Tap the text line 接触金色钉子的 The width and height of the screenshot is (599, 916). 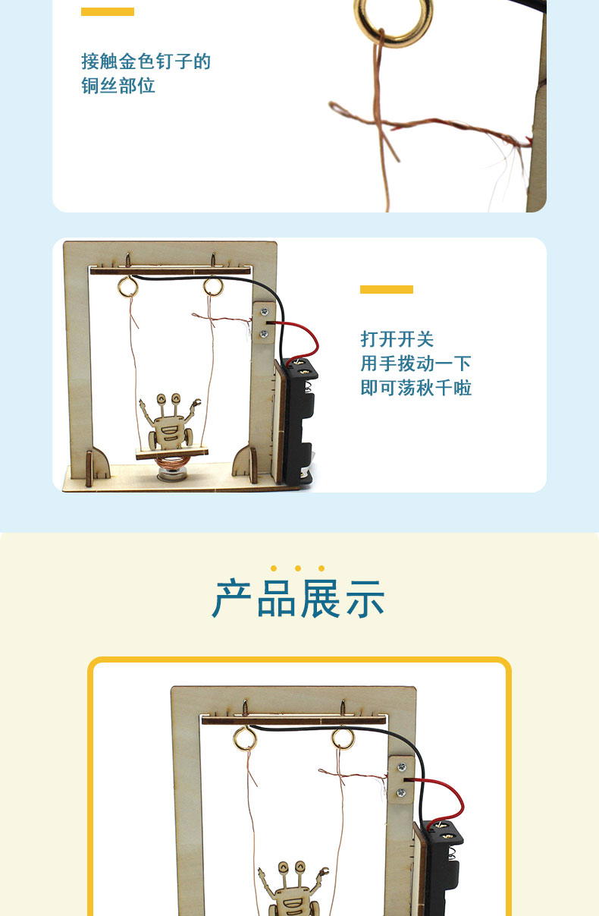[146, 61]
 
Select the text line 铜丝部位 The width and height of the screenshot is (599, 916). [118, 86]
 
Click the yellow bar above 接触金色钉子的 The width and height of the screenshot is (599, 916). [108, 12]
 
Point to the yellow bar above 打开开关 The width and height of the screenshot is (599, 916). [387, 289]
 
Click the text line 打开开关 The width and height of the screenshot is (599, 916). [397, 339]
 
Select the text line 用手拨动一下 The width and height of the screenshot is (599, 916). [416, 364]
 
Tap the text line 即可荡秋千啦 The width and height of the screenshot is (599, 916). [416, 388]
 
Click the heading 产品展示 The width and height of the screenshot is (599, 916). [299, 598]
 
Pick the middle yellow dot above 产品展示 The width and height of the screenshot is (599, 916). [298, 568]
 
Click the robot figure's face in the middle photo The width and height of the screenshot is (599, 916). [169, 429]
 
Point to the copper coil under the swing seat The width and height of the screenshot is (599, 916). [172, 462]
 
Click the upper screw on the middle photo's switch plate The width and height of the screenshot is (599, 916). [265, 312]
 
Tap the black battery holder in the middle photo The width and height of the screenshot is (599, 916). [299, 421]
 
